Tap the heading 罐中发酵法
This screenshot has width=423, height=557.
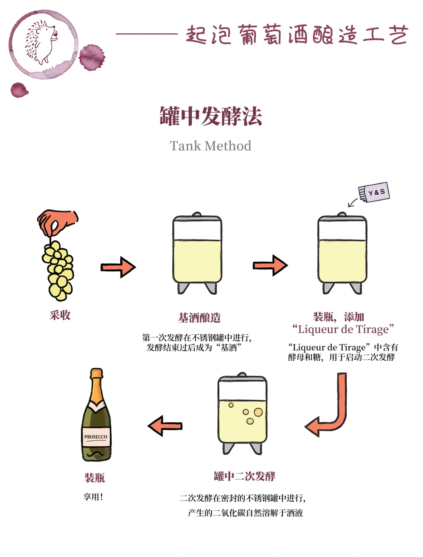tap(211, 116)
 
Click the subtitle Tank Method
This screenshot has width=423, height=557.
tap(210, 146)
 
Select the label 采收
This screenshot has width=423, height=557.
tap(60, 315)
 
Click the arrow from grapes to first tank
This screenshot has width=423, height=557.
tap(118, 267)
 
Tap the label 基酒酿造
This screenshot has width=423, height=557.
tap(199, 318)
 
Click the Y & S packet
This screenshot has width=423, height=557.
tap(374, 192)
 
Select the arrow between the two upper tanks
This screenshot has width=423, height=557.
tap(270, 265)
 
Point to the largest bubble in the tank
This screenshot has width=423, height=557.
tap(258, 412)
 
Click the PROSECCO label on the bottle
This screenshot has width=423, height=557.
tap(96, 437)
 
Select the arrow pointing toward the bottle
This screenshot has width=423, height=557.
tap(165, 426)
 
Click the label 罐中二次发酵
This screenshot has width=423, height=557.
tap(244, 476)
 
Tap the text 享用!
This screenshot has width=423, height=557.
tap(93, 497)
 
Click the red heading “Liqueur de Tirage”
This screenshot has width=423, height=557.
tap(343, 329)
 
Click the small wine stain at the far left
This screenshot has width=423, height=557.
tap(19, 90)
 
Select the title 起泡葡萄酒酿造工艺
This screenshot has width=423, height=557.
tap(297, 34)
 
